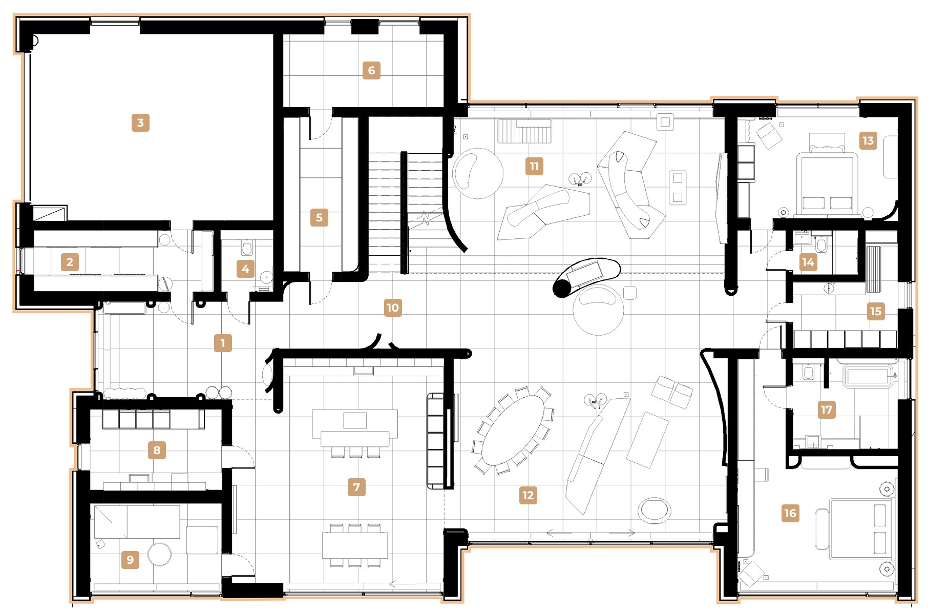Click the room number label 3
pos(140,123)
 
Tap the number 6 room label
pos(371,70)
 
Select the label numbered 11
pos(534,166)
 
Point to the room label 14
pos(808,262)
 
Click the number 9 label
pos(130,560)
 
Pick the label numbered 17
pos(827,410)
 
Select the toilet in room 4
pos(246,249)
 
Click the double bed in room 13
pos(827,182)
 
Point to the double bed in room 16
pos(860,529)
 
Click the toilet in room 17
pos(809,373)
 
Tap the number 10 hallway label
pos(392,308)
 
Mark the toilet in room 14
pos(822,245)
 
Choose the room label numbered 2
pos(70,262)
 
